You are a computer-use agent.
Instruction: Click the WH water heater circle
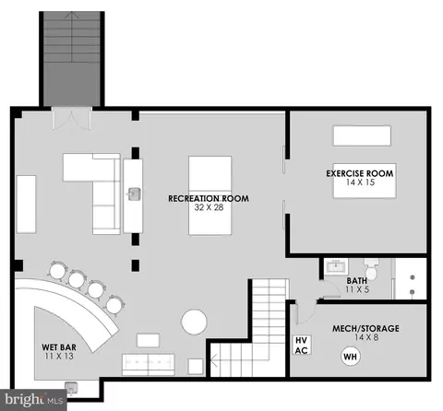coord(351,357)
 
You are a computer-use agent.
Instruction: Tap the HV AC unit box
coord(302,346)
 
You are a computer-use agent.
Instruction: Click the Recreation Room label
coord(209,198)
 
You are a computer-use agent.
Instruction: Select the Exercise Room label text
coord(360,173)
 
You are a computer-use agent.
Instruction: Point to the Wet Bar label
coord(59,347)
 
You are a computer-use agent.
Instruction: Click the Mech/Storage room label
coord(365,328)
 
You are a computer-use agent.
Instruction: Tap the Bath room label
coord(357,281)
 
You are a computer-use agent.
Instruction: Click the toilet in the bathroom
coord(371,270)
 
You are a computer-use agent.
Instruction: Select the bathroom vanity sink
coord(336,266)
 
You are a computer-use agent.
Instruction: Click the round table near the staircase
coord(194,322)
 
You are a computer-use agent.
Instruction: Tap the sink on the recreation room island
coord(134,194)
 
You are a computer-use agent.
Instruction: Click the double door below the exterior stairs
coord(72,118)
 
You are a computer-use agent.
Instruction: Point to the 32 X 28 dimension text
coord(209,207)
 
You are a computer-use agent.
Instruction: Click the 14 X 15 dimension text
coord(360,182)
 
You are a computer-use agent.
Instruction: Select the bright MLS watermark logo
coord(33,400)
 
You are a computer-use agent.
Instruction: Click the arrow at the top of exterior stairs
coord(72,15)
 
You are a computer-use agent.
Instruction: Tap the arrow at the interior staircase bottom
coord(214,360)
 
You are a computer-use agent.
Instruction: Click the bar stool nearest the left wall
coord(57,271)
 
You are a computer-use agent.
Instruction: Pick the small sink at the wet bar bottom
coord(71,388)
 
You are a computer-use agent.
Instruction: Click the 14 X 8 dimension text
coord(366,337)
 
